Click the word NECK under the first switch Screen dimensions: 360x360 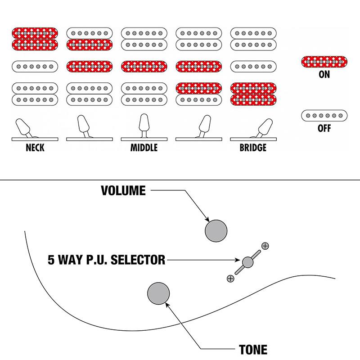pos(35,148)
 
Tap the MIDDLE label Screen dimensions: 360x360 pos(144,148)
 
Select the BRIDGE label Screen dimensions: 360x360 pos(253,148)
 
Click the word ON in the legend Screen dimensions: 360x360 pos(324,75)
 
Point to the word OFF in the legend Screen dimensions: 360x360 pos(324,129)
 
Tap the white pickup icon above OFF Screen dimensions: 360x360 pos(324,116)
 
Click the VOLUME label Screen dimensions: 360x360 pos(123,191)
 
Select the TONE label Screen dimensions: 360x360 pos(254,349)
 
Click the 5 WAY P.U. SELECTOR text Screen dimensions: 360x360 pos(106,260)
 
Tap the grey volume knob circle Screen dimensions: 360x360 pos(216,231)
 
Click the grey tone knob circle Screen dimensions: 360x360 pos(158,293)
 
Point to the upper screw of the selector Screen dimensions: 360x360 pos(265,246)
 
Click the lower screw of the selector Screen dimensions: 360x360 pos(231,279)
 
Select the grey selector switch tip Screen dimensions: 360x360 pos(247,262)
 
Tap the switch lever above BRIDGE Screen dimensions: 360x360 pos(265,126)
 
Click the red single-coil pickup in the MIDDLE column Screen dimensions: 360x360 pos(144,67)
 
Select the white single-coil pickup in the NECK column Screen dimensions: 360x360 pos(35,67)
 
